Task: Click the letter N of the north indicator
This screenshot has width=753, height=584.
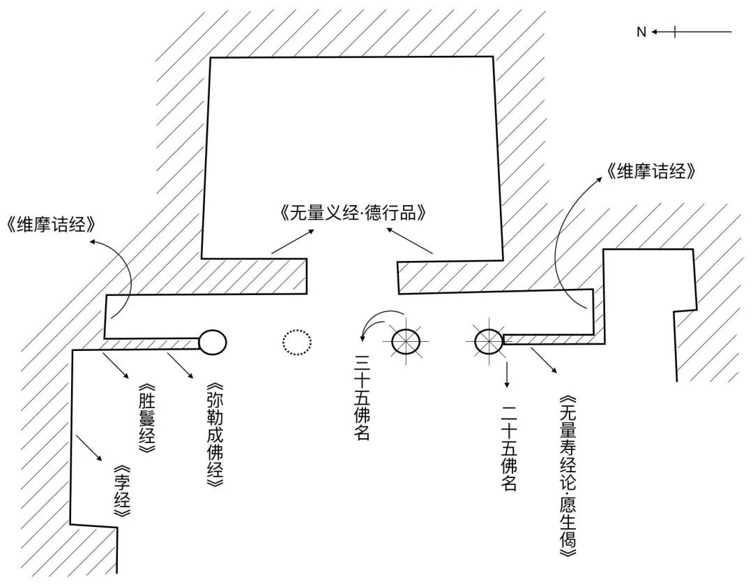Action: (641, 32)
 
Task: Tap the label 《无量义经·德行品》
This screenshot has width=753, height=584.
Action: (351, 213)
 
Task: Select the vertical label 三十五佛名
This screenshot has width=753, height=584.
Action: (362, 398)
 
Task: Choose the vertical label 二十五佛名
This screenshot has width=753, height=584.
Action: (508, 440)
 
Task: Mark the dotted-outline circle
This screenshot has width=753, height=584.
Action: (297, 342)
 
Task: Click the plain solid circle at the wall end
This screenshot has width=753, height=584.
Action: (213, 341)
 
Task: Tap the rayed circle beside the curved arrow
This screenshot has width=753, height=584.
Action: (405, 341)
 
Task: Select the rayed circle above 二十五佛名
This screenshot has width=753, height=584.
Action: (489, 340)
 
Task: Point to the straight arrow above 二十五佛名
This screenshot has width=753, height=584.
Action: (507, 373)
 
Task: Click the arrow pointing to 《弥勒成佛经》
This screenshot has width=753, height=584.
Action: (179, 367)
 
